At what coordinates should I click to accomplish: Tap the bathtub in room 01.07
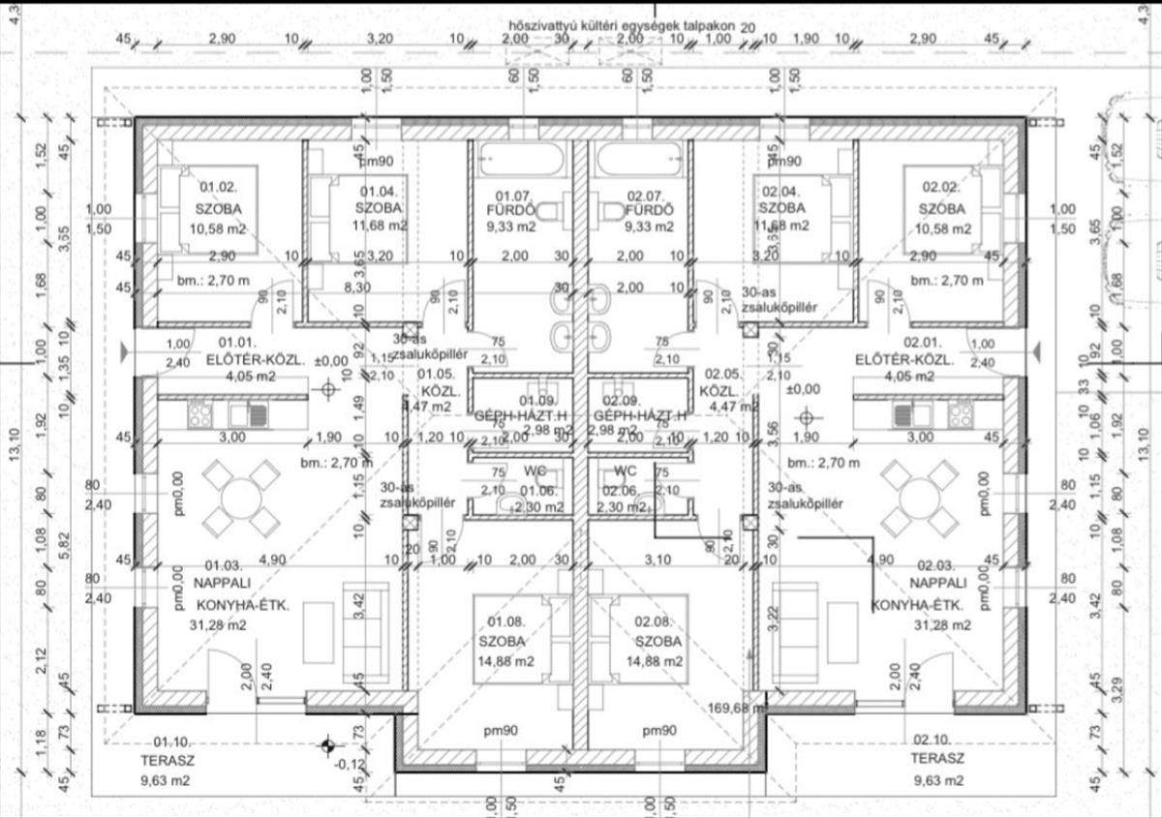coord(513,159)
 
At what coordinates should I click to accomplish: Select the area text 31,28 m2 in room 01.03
coord(217,625)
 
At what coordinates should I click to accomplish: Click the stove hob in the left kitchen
coord(200,414)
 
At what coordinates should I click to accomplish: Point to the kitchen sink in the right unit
coord(903,414)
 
